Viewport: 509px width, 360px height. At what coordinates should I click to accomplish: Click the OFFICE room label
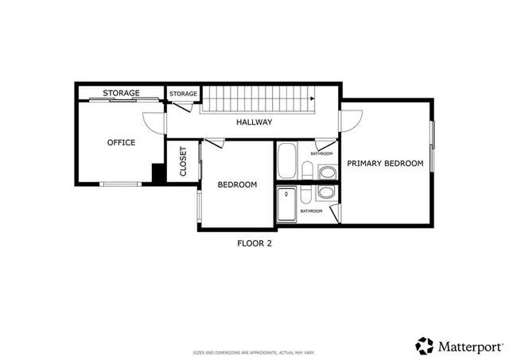[x=121, y=143]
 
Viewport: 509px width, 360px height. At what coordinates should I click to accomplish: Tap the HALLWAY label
[x=254, y=122]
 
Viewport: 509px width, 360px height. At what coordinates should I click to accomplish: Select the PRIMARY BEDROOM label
[x=384, y=163]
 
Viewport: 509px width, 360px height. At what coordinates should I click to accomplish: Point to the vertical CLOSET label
[x=183, y=161]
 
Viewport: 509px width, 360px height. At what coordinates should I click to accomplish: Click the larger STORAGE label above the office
[x=121, y=94]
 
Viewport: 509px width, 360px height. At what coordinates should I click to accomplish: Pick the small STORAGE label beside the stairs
[x=183, y=95]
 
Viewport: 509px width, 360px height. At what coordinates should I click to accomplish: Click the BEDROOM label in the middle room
[x=237, y=185]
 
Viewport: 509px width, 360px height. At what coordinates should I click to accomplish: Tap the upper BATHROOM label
[x=321, y=153]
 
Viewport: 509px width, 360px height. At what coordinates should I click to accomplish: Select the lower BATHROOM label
[x=311, y=211]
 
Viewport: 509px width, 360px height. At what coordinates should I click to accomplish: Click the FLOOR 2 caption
[x=254, y=244]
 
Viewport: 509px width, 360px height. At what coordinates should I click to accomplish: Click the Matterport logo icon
[x=425, y=345]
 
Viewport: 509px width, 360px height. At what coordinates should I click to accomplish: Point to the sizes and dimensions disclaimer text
[x=254, y=351]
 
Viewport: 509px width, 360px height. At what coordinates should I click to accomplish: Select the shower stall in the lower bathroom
[x=287, y=205]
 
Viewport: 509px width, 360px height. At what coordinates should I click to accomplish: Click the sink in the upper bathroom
[x=326, y=172]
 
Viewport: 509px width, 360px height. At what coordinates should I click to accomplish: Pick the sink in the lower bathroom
[x=326, y=193]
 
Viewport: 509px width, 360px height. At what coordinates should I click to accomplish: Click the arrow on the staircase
[x=310, y=98]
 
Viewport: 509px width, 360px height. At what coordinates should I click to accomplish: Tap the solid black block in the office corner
[x=159, y=173]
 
